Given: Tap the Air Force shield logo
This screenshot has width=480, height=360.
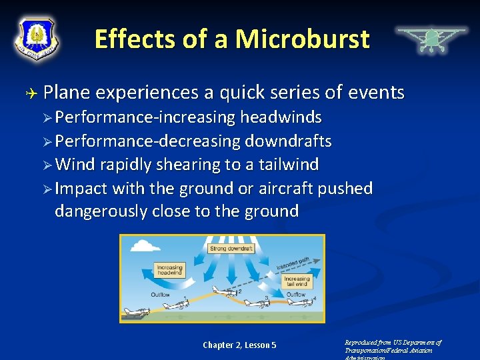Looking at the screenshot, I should [x=37, y=38].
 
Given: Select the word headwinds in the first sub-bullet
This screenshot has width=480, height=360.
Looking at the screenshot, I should [x=281, y=118].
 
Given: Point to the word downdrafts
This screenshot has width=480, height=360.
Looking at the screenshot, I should [x=288, y=141].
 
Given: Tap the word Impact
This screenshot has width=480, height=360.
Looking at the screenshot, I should [x=81, y=188].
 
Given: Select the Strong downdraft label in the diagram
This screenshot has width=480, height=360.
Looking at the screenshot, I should [x=231, y=249].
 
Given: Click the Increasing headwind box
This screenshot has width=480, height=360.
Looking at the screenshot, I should [x=169, y=269].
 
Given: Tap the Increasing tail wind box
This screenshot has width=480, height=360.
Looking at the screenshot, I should [x=296, y=281].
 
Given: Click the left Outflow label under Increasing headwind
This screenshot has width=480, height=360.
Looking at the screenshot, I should [x=161, y=294].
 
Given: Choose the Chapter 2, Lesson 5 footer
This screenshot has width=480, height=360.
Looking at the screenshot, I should [x=239, y=345].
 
